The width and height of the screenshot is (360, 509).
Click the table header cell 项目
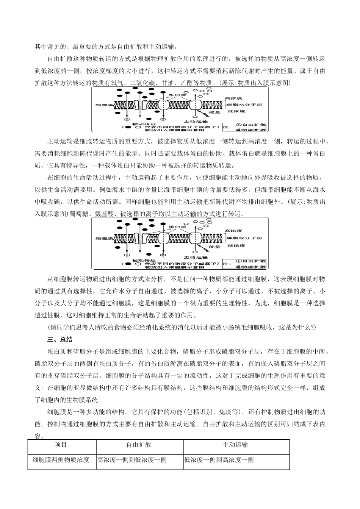pyautogui.click(x=61, y=445)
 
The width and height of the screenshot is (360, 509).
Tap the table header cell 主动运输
pyautogui.click(x=235, y=445)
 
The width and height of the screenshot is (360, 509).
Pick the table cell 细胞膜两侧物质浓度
pyautogui.click(x=61, y=460)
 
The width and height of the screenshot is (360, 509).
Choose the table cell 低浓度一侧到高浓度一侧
pyautogui.click(x=219, y=460)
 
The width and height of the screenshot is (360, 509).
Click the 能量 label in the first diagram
pyautogui.click(x=214, y=112)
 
